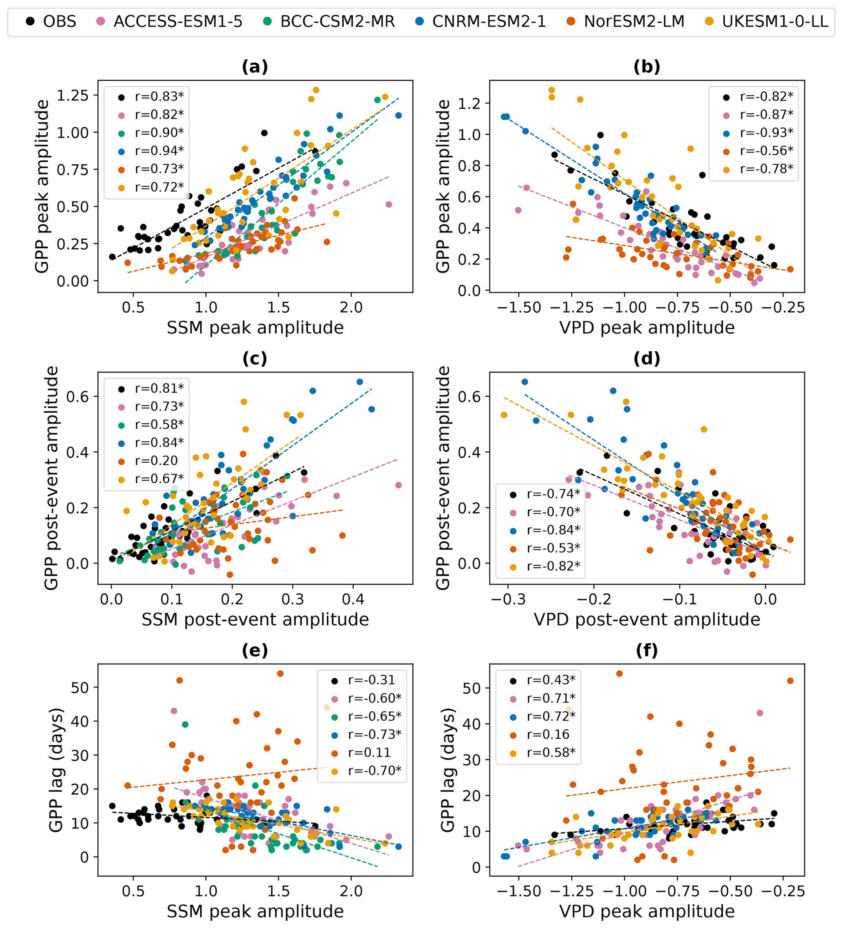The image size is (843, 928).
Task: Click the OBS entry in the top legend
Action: [x=59, y=21]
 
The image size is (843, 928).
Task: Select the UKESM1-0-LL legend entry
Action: [x=775, y=21]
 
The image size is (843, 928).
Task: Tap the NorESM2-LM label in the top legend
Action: [x=634, y=21]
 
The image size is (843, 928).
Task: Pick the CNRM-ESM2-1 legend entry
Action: [x=489, y=21]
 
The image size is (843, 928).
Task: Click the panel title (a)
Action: [x=255, y=67]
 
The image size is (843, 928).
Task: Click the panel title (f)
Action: [x=647, y=650]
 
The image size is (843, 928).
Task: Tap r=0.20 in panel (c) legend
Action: [x=156, y=460]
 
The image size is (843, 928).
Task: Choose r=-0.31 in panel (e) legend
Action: [x=372, y=680]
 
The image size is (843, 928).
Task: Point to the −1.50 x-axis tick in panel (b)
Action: [x=519, y=307]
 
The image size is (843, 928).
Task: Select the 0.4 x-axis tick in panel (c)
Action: [x=353, y=599]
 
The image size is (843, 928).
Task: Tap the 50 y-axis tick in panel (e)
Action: [x=78, y=687]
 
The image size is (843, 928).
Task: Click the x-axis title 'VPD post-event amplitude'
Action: [x=647, y=620]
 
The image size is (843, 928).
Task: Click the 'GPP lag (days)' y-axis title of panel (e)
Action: [x=56, y=770]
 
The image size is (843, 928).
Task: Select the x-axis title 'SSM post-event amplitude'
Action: [x=255, y=620]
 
